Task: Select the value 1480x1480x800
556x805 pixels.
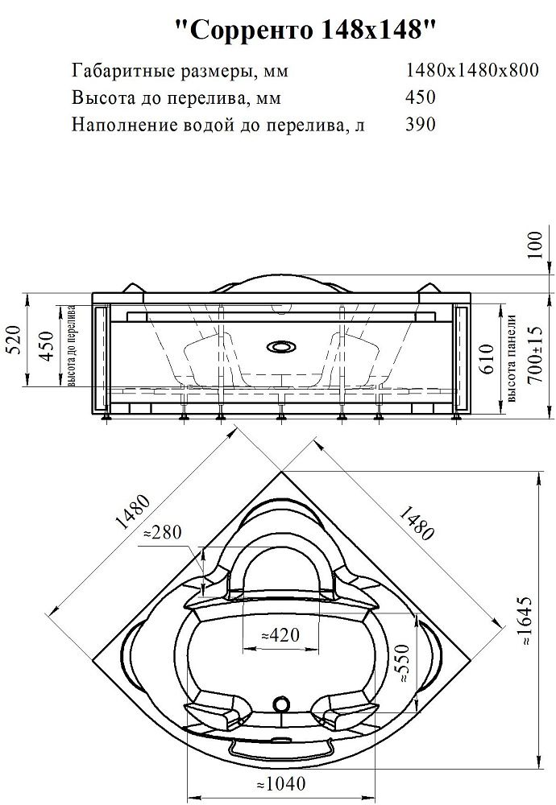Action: tap(472, 70)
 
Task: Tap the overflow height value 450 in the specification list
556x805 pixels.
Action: tap(421, 97)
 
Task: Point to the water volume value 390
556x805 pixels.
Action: tap(421, 124)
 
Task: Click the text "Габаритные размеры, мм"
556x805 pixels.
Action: tap(180, 71)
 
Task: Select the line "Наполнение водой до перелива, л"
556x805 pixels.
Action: tap(218, 125)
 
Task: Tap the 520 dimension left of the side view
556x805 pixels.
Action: tap(15, 341)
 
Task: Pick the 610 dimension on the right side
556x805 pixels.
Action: tap(488, 359)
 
